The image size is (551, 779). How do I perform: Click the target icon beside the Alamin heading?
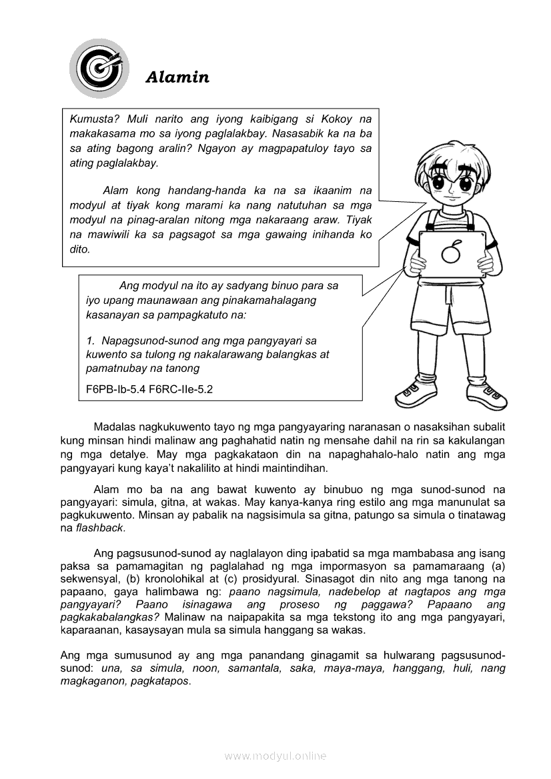tap(98, 68)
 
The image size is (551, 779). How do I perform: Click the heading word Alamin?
tap(177, 77)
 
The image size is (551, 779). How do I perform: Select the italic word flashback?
tap(100, 528)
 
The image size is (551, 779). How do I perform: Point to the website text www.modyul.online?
tap(275, 756)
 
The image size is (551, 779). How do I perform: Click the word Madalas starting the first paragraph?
tap(115, 426)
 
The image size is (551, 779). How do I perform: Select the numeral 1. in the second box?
tap(91, 341)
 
